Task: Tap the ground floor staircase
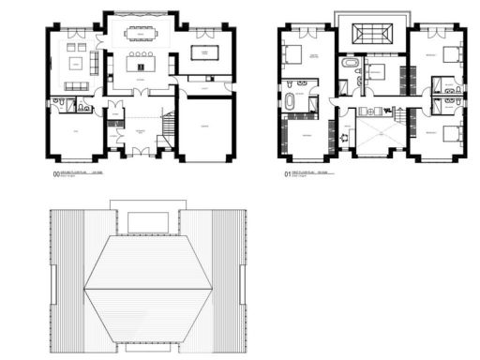coord(169,125)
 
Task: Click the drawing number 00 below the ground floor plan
coord(57,172)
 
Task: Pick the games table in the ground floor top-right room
coord(203,52)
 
